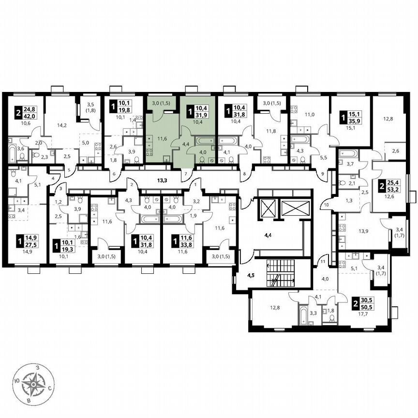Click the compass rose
click(x=34, y=385)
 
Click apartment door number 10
click(x=326, y=205)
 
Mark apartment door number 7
click(x=184, y=172)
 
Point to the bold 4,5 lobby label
click(x=251, y=277)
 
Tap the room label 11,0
click(x=309, y=115)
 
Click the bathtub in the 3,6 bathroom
click(x=11, y=154)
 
